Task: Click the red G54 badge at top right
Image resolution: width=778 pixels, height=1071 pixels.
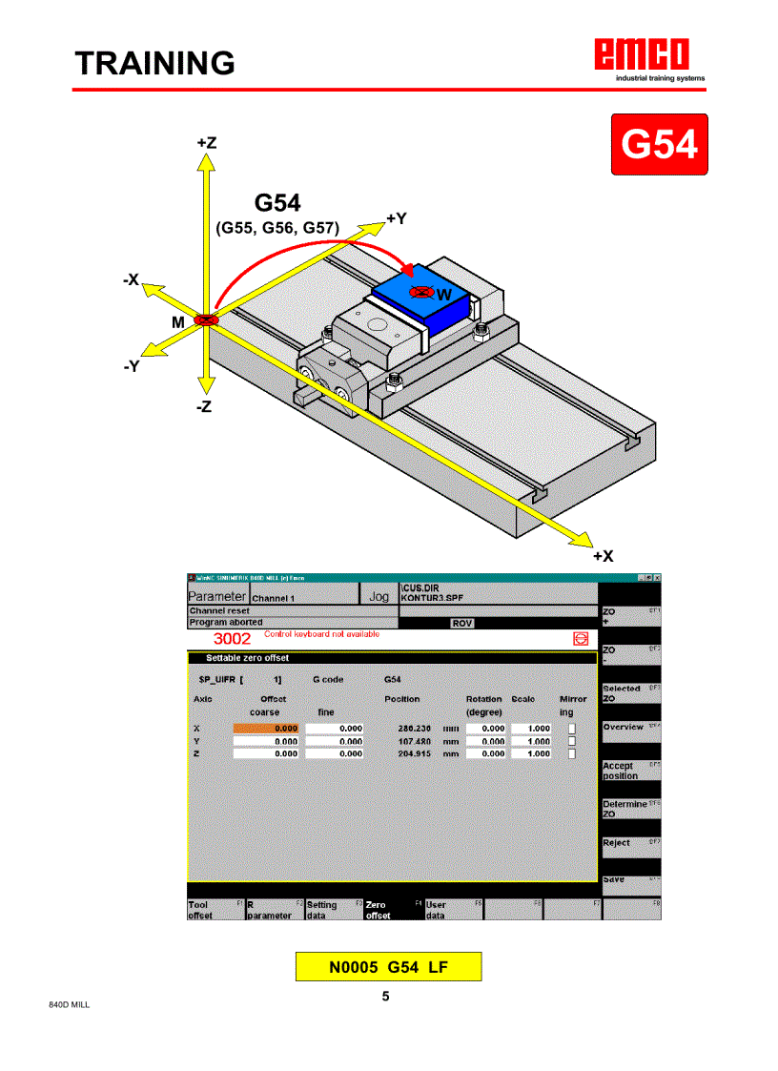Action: point(659,144)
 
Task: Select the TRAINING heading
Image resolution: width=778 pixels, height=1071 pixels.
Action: point(155,63)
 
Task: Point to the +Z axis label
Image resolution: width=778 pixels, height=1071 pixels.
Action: point(206,142)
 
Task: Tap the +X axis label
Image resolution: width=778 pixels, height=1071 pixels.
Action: point(603,555)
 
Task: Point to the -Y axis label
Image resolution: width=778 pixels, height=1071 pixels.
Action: point(133,365)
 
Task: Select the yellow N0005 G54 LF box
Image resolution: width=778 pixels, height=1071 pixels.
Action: point(388,966)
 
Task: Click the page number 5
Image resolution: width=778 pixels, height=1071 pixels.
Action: point(385,997)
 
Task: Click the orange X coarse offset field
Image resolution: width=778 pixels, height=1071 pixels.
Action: point(267,729)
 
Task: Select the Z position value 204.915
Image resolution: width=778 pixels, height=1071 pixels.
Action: point(413,753)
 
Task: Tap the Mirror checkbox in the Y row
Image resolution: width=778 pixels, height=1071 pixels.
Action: point(572,741)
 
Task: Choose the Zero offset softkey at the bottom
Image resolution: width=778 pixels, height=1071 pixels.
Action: point(392,910)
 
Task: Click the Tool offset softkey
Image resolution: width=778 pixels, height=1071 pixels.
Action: point(215,910)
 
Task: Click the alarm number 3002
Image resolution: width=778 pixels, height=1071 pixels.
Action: point(231,638)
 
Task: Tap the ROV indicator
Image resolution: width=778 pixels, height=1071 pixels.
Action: point(461,623)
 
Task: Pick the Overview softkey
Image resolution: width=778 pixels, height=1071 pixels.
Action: point(630,727)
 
